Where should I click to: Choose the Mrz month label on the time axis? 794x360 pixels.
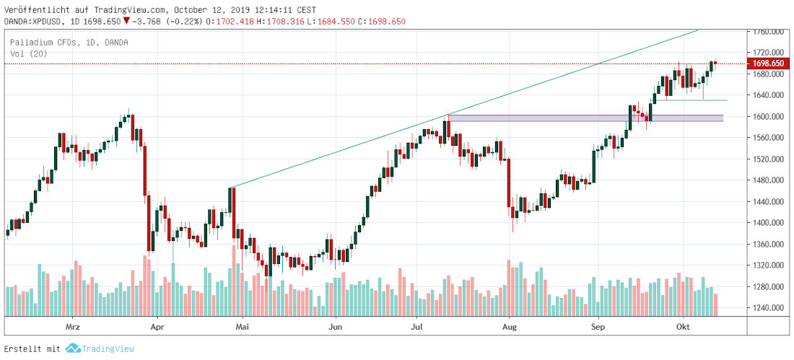tap(72, 327)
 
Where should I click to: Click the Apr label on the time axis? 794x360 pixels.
tap(157, 327)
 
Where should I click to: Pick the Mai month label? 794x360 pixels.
tap(244, 327)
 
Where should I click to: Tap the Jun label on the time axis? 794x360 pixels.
tap(334, 327)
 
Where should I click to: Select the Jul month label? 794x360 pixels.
tap(416, 327)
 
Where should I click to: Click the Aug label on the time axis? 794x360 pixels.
tap(510, 327)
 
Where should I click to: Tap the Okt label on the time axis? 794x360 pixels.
tap(682, 327)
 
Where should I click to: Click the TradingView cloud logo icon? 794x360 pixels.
tap(72, 348)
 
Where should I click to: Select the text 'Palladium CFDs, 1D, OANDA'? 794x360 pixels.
tap(69, 43)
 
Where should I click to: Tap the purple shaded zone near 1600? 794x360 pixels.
tap(585, 118)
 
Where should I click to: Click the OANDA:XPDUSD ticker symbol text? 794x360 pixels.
tap(35, 22)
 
